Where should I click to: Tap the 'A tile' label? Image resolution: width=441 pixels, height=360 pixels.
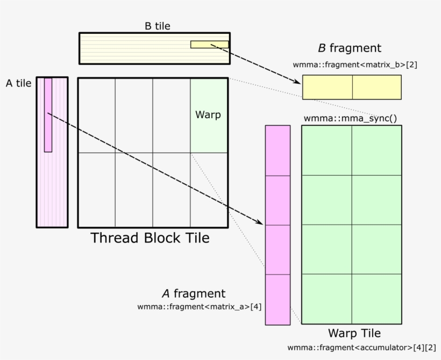pos(18,83)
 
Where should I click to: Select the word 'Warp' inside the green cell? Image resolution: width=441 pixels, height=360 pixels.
pos(208,114)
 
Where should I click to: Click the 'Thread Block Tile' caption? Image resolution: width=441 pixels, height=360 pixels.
pos(150,237)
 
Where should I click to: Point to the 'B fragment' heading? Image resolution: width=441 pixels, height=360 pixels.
pos(350,48)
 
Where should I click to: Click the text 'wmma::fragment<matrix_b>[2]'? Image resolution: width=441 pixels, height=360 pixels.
pos(355,64)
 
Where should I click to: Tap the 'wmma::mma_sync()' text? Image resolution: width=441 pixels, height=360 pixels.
pos(350,118)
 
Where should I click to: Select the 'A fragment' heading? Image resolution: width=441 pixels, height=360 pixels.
pos(194,293)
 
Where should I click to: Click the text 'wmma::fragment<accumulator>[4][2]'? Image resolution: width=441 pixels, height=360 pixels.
pos(361,347)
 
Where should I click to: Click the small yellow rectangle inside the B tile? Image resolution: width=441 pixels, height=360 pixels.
pos(209,45)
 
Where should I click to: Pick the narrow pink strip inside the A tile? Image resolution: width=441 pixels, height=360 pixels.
pos(48,115)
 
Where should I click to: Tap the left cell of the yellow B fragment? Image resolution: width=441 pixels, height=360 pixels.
pos(327,87)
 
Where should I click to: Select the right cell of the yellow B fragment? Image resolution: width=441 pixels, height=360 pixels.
pos(376,87)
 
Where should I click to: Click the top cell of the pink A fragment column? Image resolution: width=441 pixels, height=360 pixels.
pos(278,150)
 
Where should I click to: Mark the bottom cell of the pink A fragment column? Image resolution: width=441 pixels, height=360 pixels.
pos(278,299)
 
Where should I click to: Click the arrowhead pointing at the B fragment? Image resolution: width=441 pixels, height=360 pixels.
pos(297,82)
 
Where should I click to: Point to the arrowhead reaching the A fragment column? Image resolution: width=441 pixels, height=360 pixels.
pos(261,223)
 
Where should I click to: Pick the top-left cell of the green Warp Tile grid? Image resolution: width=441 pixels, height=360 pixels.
pos(326,150)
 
